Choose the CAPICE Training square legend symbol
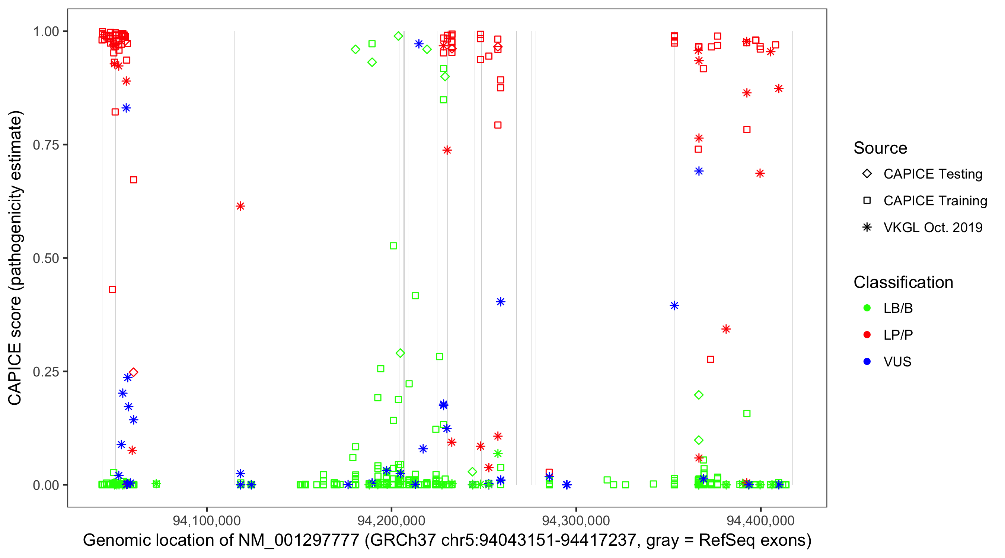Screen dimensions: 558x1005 point(867,201)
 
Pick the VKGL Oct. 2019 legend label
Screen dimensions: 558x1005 point(933,228)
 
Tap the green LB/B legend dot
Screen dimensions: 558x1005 point(867,308)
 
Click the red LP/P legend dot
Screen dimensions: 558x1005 point(867,335)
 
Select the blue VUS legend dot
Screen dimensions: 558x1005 point(867,362)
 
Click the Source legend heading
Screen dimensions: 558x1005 point(880,148)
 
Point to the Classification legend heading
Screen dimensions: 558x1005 point(903,282)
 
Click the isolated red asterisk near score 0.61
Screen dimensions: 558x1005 point(240,206)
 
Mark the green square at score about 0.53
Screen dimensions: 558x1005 point(393,246)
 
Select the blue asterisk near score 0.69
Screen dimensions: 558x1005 point(699,171)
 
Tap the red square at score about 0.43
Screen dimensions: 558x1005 point(112,290)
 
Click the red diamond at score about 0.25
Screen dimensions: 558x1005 point(133,372)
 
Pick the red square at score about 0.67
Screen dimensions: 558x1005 point(133,180)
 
